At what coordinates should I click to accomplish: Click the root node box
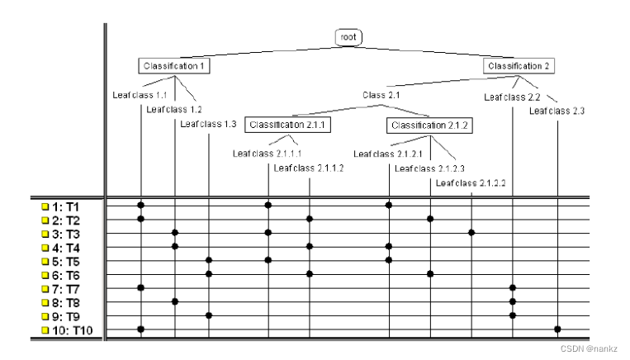(x=348, y=37)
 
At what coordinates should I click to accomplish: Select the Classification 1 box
(x=174, y=66)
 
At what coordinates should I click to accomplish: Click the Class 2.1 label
(x=381, y=96)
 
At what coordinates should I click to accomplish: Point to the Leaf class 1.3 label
(x=208, y=124)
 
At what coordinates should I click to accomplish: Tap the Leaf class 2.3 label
(x=557, y=111)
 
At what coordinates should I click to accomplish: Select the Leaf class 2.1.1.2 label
(x=308, y=168)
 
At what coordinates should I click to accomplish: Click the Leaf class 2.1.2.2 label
(x=470, y=182)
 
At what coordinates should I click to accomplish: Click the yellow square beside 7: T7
(x=45, y=288)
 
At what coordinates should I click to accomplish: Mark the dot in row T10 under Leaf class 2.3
(x=558, y=329)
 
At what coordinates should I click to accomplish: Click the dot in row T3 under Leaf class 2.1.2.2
(x=471, y=233)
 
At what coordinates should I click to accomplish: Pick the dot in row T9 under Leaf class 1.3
(x=209, y=315)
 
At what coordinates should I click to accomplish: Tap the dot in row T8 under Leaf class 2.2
(x=513, y=301)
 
